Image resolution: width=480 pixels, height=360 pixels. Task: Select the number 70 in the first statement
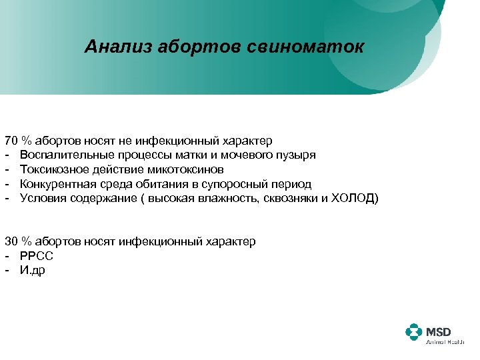(11, 141)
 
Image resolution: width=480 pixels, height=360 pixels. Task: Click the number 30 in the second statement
(11, 241)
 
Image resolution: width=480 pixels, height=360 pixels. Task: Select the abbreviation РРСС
(36, 255)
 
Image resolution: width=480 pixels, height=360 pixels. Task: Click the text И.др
(33, 270)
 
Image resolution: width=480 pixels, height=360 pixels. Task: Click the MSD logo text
(439, 331)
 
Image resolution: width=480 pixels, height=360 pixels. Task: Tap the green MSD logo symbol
(414, 333)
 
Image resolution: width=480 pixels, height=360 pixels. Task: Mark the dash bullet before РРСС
(7, 255)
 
